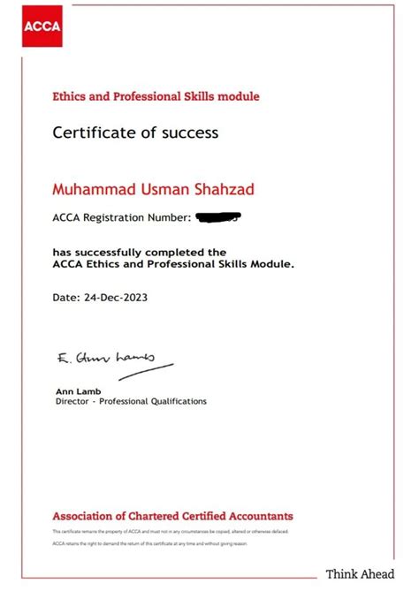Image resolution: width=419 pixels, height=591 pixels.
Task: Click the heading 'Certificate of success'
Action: click(134, 133)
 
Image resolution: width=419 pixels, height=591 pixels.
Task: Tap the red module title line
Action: click(156, 95)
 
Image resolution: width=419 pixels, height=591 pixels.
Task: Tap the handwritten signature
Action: click(106, 359)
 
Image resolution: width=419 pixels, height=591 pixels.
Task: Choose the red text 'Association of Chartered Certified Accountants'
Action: click(172, 516)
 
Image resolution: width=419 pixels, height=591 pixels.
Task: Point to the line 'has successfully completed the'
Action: click(139, 252)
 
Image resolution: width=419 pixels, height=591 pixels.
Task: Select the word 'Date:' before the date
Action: click(66, 298)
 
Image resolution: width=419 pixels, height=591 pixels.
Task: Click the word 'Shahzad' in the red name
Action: click(208, 189)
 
